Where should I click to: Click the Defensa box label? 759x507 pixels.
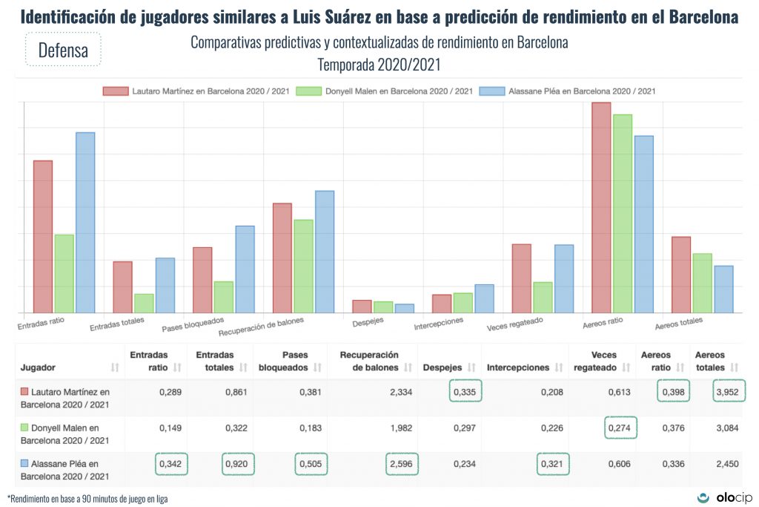pyautogui.click(x=62, y=50)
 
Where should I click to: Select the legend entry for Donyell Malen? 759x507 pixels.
pyautogui.click(x=384, y=91)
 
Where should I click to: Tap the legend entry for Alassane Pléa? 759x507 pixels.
pyautogui.click(x=567, y=91)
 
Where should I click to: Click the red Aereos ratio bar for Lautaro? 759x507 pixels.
pyautogui.click(x=601, y=208)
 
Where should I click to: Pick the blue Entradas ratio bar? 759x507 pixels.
pyautogui.click(x=85, y=222)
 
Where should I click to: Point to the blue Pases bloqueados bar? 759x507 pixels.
pyautogui.click(x=245, y=269)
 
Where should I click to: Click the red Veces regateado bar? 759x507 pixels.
pyautogui.click(x=522, y=278)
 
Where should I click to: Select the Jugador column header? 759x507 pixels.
pyautogui.click(x=39, y=367)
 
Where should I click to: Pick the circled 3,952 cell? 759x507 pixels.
pyautogui.click(x=729, y=391)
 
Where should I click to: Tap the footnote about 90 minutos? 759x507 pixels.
pyautogui.click(x=87, y=498)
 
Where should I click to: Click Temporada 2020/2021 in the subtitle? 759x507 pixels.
pyautogui.click(x=379, y=65)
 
